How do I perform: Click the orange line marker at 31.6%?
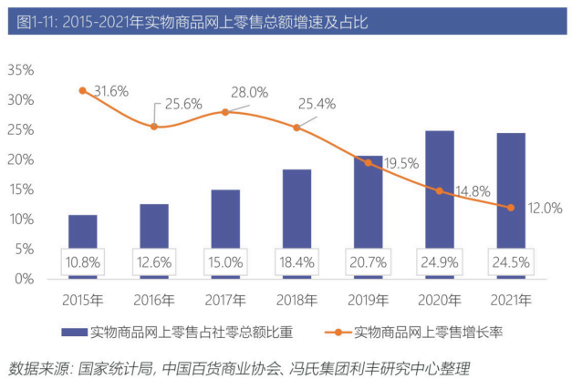pos(82,90)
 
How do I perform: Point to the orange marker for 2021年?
pos(510,207)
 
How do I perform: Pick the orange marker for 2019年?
pos(368,162)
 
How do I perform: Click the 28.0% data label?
pos(249,92)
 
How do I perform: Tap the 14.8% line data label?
pos(471,190)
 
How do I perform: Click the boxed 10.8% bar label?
pos(82,262)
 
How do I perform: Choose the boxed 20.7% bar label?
pos(368,262)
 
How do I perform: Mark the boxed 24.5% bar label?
pos(510,262)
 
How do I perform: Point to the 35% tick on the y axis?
pos(21,70)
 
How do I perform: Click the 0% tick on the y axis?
pos(25,278)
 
